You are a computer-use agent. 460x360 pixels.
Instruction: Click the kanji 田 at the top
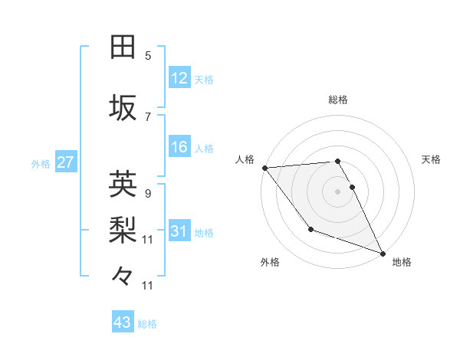click(123, 47)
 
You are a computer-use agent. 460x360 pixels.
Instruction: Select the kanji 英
click(123, 184)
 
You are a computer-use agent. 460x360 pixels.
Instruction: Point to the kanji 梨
click(123, 230)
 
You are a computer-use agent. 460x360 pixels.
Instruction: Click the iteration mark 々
click(123, 275)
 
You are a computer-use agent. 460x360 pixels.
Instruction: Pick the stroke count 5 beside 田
click(148, 55)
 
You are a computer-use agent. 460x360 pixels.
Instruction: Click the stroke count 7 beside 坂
click(148, 116)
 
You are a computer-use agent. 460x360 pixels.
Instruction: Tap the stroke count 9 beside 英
click(148, 193)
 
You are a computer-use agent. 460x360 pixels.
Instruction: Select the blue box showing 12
click(179, 78)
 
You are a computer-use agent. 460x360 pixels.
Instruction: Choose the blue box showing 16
click(179, 147)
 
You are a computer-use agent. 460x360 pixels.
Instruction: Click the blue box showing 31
click(179, 231)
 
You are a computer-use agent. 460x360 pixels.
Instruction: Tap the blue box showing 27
click(65, 162)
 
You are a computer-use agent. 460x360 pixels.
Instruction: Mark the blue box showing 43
click(122, 323)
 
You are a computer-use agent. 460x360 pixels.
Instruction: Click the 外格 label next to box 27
click(41, 163)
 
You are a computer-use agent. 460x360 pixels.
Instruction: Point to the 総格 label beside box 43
click(147, 324)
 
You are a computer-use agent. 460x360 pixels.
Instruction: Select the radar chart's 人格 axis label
click(245, 159)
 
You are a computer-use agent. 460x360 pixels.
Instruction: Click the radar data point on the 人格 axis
click(264, 168)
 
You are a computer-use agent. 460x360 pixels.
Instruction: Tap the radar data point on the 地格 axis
click(383, 254)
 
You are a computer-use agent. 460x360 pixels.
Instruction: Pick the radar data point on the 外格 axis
click(310, 229)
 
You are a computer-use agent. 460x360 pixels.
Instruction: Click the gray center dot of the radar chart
click(337, 191)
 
